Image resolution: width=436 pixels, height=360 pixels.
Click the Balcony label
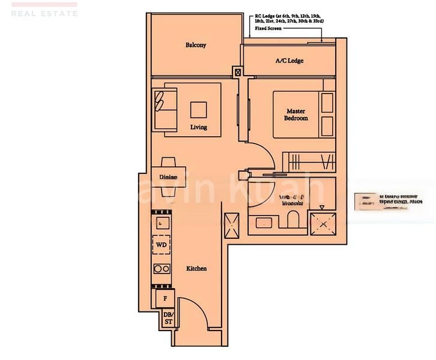coord(196,45)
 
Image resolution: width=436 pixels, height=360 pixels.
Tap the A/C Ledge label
coord(289,61)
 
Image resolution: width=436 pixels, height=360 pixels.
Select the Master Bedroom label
coord(295,115)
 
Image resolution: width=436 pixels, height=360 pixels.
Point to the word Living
coord(199,127)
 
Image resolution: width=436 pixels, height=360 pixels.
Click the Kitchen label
coord(196,268)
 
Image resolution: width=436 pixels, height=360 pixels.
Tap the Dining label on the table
coord(168,177)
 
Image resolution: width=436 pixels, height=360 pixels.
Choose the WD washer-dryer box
coord(161,245)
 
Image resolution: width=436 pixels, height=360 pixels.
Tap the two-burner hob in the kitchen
coord(161,268)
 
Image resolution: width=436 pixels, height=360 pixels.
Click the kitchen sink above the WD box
coord(161,223)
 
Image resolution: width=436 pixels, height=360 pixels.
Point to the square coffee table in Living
coord(199,109)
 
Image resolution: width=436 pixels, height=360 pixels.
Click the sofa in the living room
coord(165,109)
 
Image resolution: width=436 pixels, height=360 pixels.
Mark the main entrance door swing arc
coord(195,312)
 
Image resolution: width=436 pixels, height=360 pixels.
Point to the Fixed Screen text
coord(269,28)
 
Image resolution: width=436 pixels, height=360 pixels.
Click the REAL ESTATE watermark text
coord(44,13)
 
